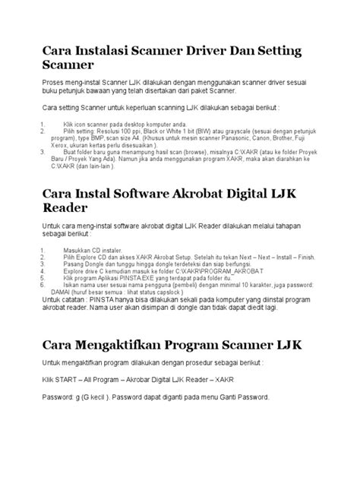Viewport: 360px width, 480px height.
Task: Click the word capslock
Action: coord(159,293)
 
